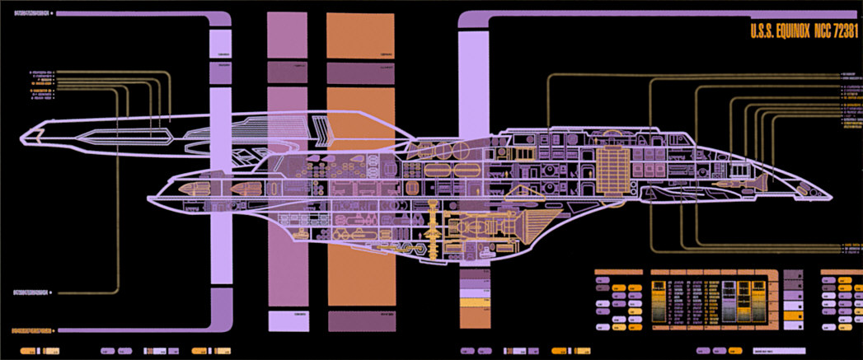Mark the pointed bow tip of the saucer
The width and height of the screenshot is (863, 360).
(828, 195)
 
